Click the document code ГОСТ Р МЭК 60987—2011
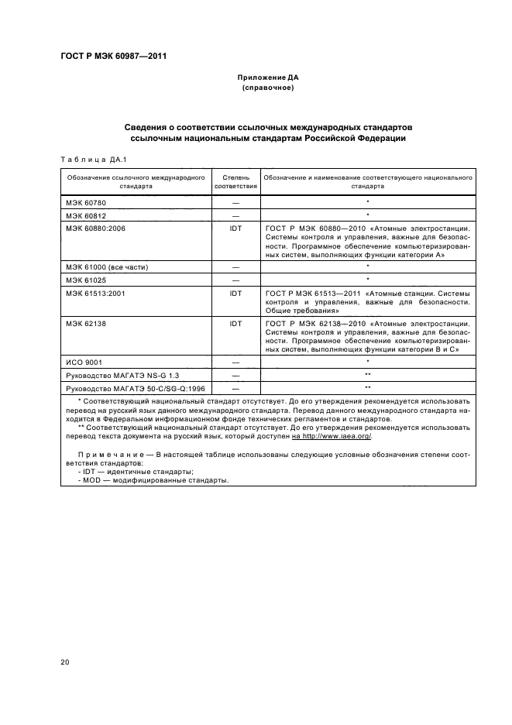(x=113, y=57)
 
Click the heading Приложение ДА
(x=267, y=78)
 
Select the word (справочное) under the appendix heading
(x=267, y=88)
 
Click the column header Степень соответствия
(x=235, y=182)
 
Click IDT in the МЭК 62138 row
(x=235, y=323)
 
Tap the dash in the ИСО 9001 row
(x=235, y=361)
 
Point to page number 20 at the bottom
(x=65, y=661)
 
